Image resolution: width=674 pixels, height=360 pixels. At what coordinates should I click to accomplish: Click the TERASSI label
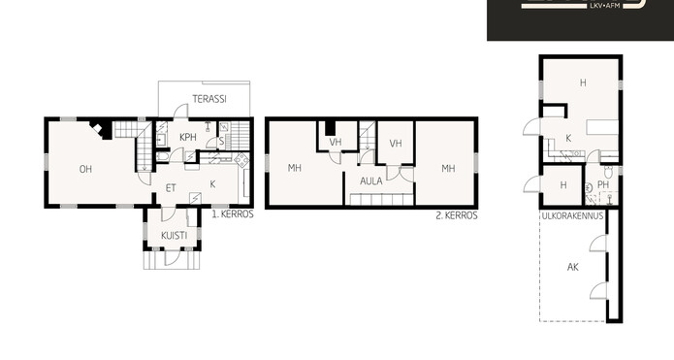[209, 99]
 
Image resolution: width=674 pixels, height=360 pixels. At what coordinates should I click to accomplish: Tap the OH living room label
[85, 169]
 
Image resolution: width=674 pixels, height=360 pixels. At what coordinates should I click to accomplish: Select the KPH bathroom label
[188, 137]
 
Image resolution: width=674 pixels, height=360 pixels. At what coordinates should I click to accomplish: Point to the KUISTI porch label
[175, 235]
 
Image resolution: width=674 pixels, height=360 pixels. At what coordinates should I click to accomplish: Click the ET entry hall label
[171, 188]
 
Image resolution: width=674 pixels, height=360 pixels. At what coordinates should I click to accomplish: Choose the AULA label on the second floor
[371, 181]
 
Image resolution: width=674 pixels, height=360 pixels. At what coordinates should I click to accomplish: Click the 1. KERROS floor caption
[233, 213]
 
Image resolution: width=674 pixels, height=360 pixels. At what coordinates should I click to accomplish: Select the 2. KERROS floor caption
[457, 215]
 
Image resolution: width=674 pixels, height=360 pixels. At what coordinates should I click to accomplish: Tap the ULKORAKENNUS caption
[572, 215]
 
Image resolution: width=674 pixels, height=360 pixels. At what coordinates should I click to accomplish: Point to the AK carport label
[572, 267]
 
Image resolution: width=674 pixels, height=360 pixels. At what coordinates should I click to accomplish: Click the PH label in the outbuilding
[603, 184]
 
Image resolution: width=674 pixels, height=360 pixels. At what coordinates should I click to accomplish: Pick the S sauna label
[221, 141]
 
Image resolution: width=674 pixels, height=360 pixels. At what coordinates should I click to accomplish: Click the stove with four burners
[241, 160]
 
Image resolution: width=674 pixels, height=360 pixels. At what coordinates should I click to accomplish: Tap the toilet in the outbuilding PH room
[608, 172]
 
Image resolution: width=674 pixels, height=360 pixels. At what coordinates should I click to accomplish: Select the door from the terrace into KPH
[181, 111]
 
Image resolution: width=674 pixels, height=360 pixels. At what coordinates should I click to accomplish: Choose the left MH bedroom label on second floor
[295, 168]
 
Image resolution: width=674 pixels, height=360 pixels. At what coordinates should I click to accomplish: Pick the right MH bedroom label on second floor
[448, 168]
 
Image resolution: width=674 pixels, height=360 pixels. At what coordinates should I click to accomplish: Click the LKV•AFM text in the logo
[606, 6]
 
